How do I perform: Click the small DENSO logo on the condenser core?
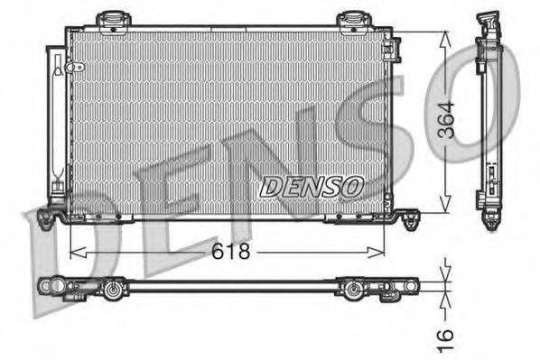[310, 186]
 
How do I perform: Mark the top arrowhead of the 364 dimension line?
[444, 38]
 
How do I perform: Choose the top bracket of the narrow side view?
[488, 22]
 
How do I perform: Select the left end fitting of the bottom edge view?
[47, 286]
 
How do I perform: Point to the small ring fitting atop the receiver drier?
[77, 67]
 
